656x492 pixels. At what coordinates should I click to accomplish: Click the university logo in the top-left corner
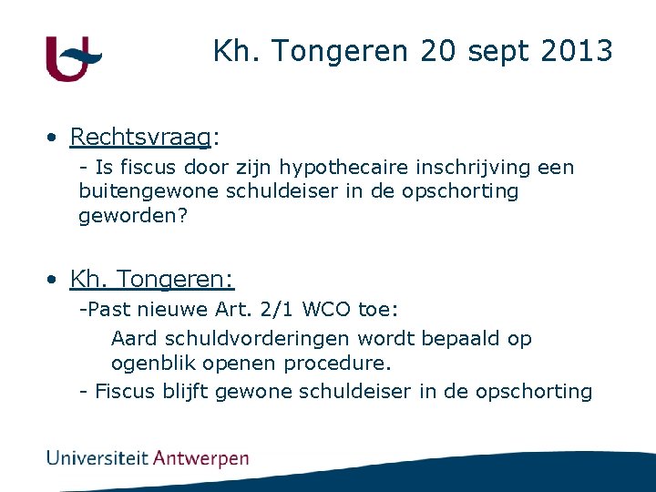point(73,58)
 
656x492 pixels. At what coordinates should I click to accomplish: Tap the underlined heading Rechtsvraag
point(139,137)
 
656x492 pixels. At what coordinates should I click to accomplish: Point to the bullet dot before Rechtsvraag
point(56,138)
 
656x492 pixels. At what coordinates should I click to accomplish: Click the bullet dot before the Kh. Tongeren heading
point(56,278)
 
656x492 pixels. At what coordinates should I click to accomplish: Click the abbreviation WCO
point(326,309)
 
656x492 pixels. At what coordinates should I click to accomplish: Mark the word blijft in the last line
point(188,391)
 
